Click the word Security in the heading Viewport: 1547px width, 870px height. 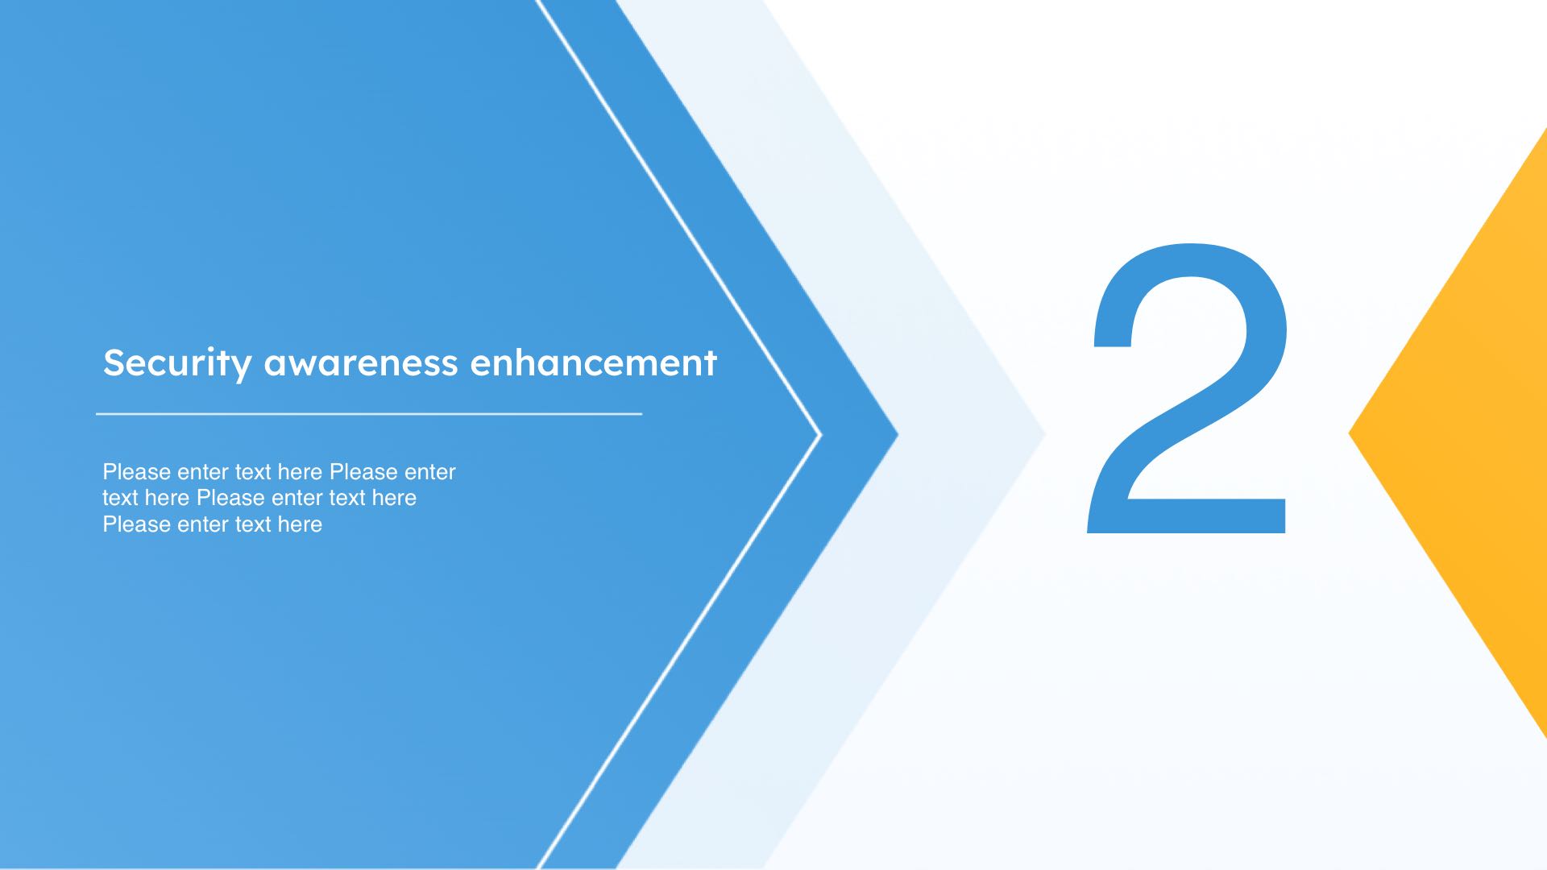click(x=177, y=363)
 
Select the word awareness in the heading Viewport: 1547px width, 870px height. click(x=361, y=363)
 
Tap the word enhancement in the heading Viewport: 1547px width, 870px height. click(x=593, y=362)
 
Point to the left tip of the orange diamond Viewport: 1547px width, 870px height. click(x=1350, y=434)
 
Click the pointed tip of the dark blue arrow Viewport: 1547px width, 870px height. click(x=898, y=435)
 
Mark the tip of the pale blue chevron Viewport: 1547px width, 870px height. click(x=1045, y=435)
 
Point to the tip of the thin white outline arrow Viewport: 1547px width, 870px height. click(x=821, y=435)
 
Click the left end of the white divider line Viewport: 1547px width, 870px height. click(x=97, y=413)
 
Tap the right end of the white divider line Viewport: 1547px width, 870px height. click(x=642, y=413)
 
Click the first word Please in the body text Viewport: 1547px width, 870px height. click(x=137, y=472)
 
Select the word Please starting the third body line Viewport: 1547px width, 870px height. click(x=137, y=524)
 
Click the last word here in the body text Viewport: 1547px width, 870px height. click(x=300, y=524)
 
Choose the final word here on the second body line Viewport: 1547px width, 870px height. click(x=394, y=498)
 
